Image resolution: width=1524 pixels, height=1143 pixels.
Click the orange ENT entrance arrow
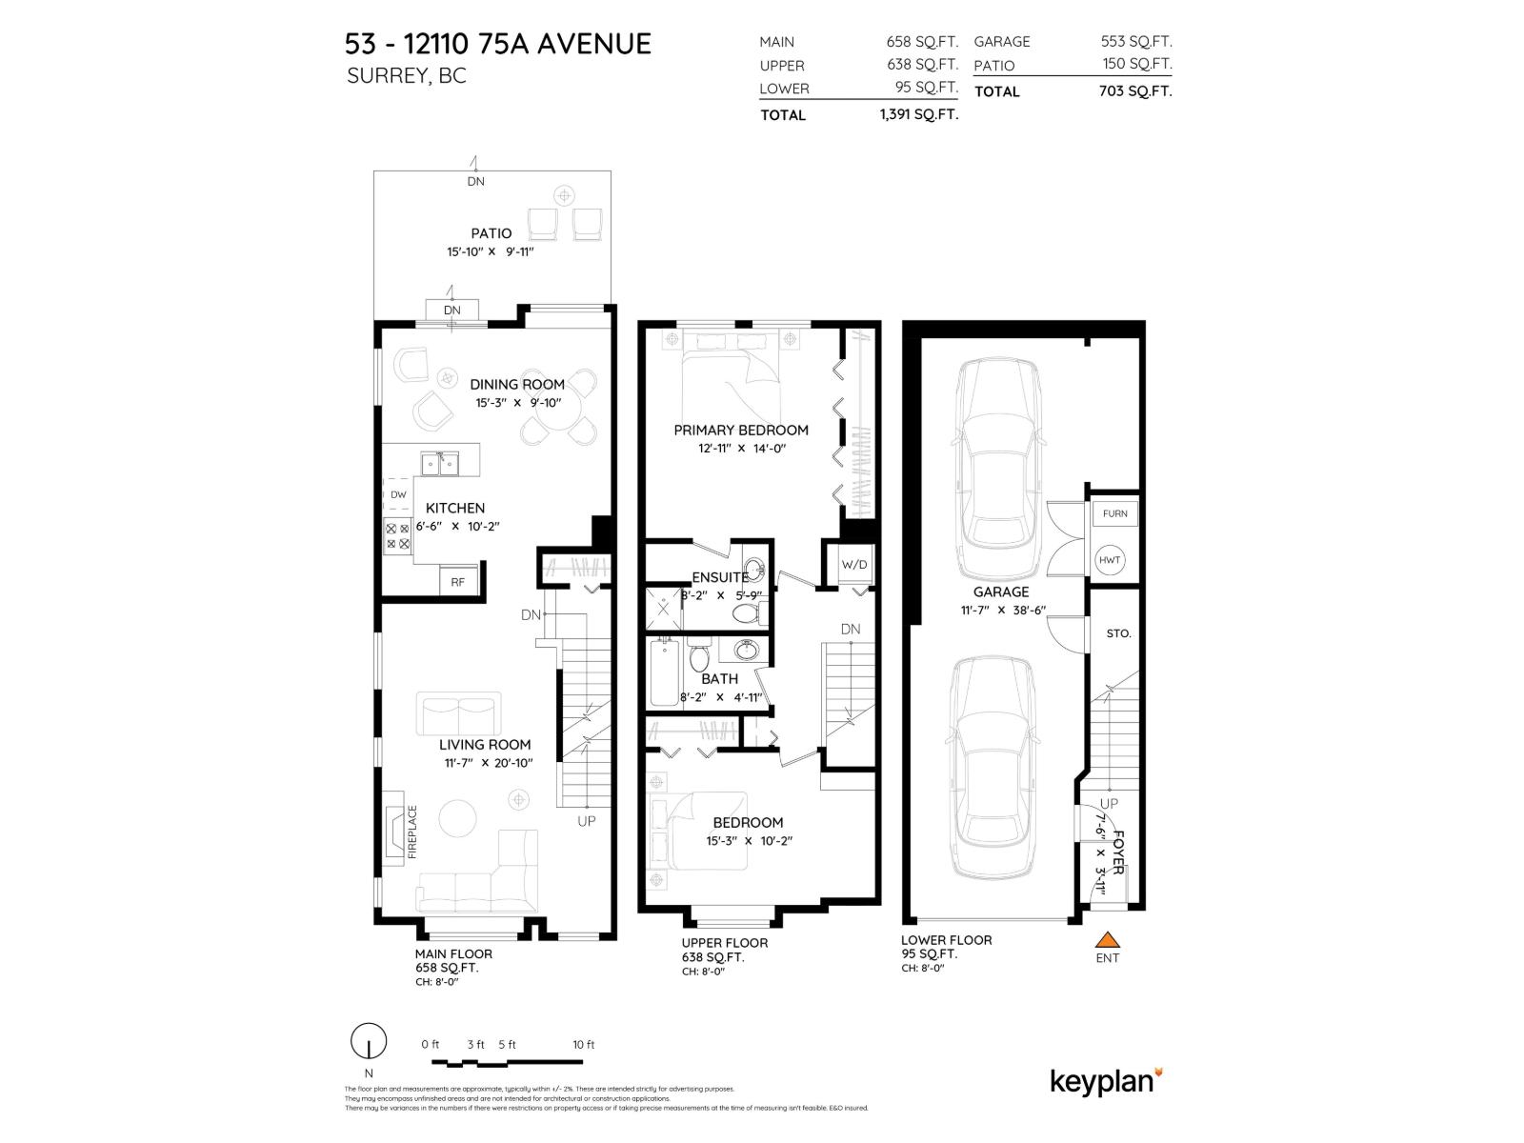tap(1107, 939)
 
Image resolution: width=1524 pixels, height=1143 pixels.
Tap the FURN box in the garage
tap(1114, 513)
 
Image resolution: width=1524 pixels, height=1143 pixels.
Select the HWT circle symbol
tap(1110, 560)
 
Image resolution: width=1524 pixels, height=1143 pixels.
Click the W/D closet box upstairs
tap(854, 565)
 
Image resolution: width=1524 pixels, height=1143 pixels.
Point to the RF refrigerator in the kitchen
tap(458, 581)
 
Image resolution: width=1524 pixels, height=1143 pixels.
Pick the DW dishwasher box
tap(398, 494)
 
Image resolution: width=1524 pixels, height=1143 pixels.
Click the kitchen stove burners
tap(397, 535)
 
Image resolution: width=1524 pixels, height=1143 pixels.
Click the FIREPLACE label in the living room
tap(412, 832)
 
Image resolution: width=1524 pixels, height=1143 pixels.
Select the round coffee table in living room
tap(459, 818)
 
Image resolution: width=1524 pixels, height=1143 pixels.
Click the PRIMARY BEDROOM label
tap(740, 430)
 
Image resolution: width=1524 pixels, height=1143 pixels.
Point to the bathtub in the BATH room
tap(664, 673)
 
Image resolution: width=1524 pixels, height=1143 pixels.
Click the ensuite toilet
tap(743, 613)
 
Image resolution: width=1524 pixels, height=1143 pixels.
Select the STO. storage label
tap(1118, 633)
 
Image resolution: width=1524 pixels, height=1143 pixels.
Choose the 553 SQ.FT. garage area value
tap(1135, 42)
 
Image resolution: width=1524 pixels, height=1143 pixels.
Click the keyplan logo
tap(1106, 1081)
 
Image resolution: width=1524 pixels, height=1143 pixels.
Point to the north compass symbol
tap(369, 1042)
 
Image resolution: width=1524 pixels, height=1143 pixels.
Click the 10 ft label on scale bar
tap(583, 1045)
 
